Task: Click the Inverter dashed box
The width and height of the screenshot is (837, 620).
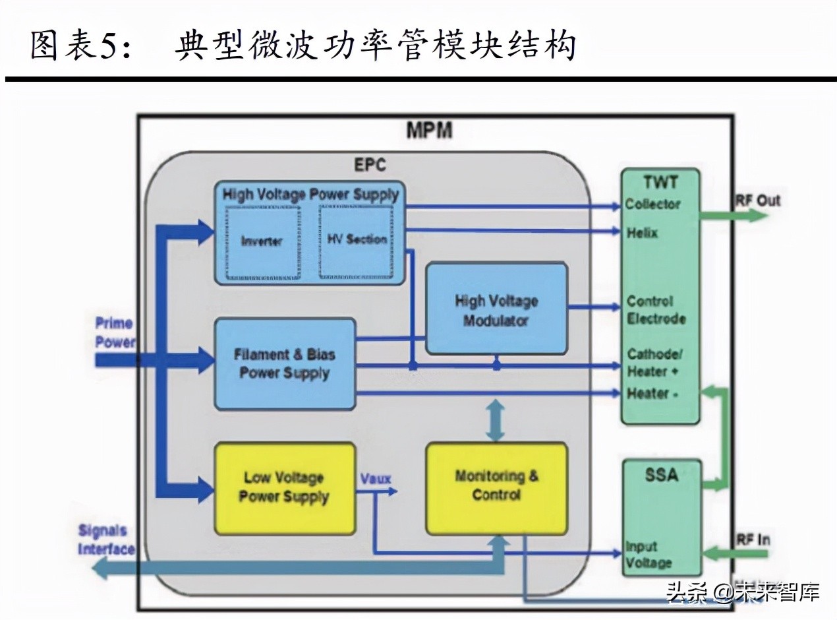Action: coord(262,241)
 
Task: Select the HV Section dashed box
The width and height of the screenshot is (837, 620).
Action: coord(357,240)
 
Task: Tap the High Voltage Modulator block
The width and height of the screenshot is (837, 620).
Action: coord(496,310)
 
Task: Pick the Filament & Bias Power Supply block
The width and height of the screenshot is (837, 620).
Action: coord(285,363)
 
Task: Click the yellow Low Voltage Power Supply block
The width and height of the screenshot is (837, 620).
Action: coord(283,487)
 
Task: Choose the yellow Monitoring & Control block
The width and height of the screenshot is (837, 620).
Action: coord(496,485)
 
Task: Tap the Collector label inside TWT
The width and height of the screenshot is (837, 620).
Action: coord(653,204)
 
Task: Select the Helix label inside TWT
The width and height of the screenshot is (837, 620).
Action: coord(643,232)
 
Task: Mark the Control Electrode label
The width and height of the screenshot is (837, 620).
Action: coord(656,310)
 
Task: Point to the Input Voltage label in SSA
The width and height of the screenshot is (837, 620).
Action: coord(649,555)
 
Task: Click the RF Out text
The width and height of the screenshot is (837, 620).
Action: coord(758,201)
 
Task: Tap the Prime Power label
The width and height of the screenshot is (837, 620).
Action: coord(114,332)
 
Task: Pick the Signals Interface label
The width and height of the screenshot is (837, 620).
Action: coord(105,540)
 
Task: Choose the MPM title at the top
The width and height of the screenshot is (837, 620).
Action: coord(428,130)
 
